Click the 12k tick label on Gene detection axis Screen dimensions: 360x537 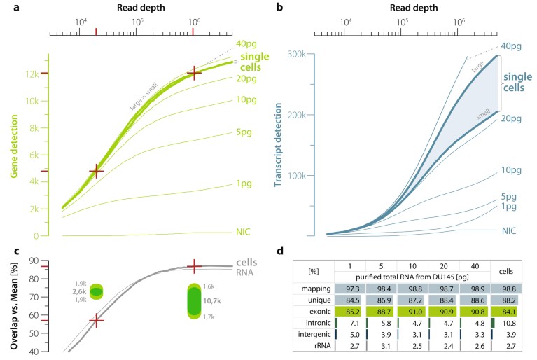pos(32,74)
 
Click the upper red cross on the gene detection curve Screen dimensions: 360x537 pos(193,72)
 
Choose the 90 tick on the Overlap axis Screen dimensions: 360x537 pos(32,261)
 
